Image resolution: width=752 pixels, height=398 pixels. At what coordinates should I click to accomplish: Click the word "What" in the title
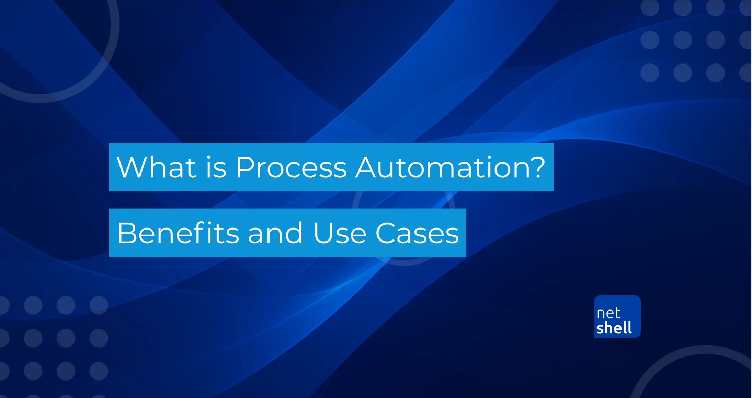point(157,167)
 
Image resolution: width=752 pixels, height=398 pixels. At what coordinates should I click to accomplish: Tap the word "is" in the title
point(216,167)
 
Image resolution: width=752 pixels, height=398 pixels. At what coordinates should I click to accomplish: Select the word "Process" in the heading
point(291,167)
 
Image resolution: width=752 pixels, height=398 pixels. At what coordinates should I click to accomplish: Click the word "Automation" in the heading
point(440,167)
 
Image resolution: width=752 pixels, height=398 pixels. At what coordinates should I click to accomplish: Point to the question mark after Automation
point(536,167)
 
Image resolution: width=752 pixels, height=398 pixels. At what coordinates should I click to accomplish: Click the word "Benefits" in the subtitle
point(178,233)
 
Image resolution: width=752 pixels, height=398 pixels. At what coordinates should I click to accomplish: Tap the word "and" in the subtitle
point(275,233)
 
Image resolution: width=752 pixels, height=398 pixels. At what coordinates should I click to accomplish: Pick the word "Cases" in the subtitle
point(417,233)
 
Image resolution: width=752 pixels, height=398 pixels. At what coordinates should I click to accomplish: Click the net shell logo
point(617,316)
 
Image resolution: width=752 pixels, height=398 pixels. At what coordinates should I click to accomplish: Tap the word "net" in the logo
point(608,313)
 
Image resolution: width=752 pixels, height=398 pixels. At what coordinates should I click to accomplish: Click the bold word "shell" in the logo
point(614,328)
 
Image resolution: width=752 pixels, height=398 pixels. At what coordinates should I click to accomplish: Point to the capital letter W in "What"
point(133,167)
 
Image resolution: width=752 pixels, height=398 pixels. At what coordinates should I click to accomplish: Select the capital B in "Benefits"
point(128,233)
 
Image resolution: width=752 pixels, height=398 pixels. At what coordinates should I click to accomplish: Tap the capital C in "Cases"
point(386,233)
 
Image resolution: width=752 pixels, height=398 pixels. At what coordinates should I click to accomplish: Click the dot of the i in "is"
point(208,157)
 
